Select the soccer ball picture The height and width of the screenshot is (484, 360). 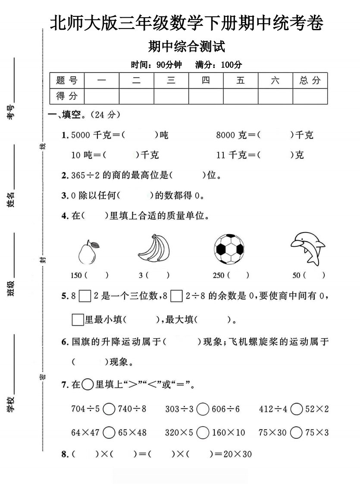tap(229, 249)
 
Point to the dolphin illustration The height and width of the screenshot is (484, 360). tap(307, 248)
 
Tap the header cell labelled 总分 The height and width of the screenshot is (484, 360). tap(310, 80)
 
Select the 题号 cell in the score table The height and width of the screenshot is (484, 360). tap(67, 80)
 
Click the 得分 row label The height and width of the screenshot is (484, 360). tap(67, 96)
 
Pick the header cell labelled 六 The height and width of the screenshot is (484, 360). tap(275, 80)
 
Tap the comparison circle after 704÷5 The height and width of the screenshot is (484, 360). tap(109, 409)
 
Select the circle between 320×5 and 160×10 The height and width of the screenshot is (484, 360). tap(203, 432)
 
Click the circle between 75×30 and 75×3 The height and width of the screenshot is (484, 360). tap(297, 432)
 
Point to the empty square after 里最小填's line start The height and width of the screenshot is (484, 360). tap(77, 320)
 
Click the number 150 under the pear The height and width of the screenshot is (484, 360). tap(76, 275)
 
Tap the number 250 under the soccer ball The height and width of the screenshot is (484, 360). tap(219, 275)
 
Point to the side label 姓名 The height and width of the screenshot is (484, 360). tap(11, 200)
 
